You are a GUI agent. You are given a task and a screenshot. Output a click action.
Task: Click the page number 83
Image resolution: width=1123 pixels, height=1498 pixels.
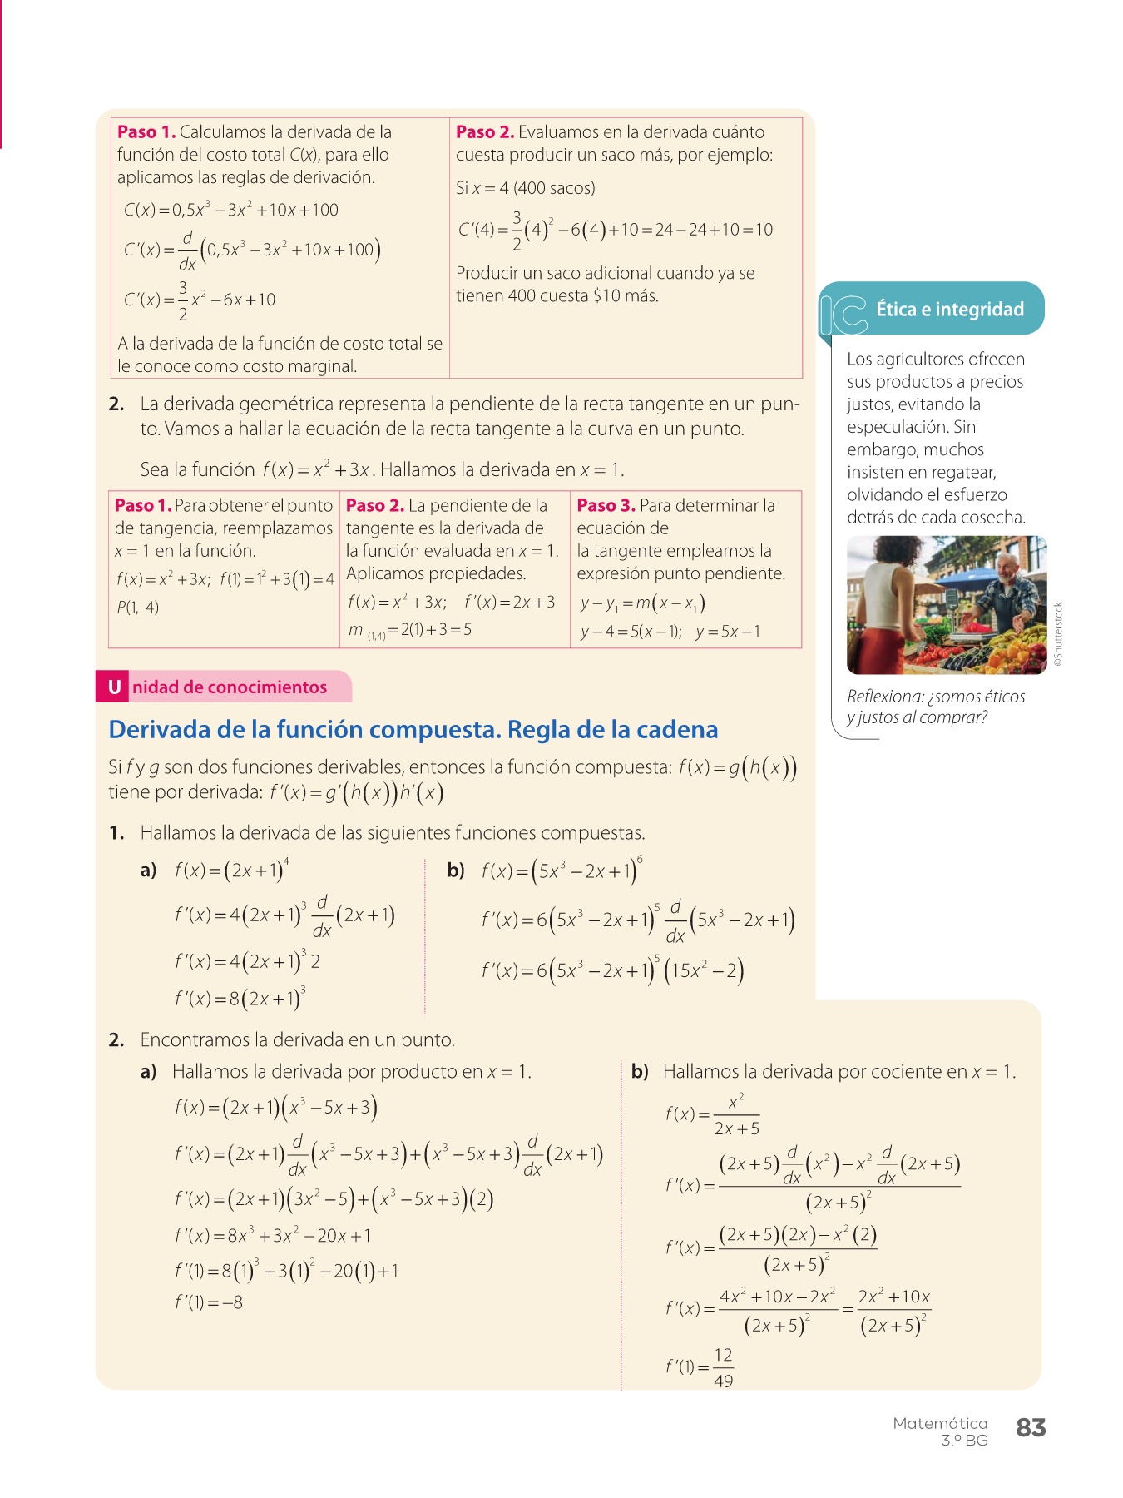pos(1031,1427)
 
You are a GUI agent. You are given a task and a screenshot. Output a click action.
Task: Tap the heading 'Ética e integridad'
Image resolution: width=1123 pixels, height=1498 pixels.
pos(950,310)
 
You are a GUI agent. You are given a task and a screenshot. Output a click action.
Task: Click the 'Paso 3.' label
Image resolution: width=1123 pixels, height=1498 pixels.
pos(606,505)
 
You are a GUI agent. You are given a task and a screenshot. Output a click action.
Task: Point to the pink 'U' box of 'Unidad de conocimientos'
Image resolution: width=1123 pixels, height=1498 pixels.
pos(114,687)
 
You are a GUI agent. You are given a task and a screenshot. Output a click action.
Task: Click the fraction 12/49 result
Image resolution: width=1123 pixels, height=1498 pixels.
pos(723,1367)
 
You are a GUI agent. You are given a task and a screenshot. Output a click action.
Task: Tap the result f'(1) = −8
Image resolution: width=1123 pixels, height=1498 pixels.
pos(209,1302)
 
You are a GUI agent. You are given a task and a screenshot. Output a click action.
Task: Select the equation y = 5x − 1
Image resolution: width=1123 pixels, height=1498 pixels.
pos(728,632)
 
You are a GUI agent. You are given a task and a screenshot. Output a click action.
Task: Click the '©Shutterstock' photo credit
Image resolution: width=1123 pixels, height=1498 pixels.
pos(1058,634)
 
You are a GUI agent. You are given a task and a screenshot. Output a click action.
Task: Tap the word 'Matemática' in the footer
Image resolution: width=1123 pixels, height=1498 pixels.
pos(940,1423)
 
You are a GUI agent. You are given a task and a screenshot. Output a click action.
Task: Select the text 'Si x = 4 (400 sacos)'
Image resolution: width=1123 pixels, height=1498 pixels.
pos(525,188)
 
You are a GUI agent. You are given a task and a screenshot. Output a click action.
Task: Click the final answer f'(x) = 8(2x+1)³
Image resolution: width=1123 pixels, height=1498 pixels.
pos(240,998)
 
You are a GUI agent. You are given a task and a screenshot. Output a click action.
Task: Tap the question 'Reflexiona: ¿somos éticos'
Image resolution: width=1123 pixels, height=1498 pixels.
pos(936,697)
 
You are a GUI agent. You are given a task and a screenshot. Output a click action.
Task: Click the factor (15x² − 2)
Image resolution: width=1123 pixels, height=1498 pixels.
pos(704,970)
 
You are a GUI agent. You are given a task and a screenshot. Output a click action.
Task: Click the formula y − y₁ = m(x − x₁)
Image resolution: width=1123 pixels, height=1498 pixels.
pos(642,603)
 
